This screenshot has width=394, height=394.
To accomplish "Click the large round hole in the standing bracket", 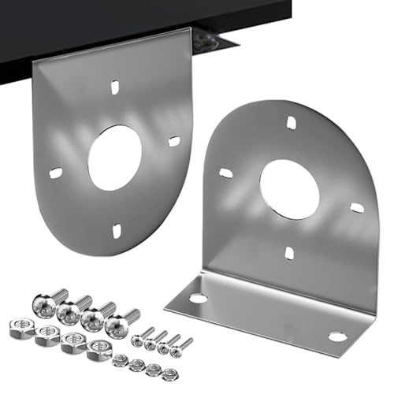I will (289, 188).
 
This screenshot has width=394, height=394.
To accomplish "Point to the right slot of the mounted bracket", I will (174, 141).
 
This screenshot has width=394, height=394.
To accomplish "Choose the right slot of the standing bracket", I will (357, 208).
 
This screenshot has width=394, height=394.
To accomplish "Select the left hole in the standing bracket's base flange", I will (198, 299).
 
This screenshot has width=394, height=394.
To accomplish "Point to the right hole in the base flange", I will (337, 336).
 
